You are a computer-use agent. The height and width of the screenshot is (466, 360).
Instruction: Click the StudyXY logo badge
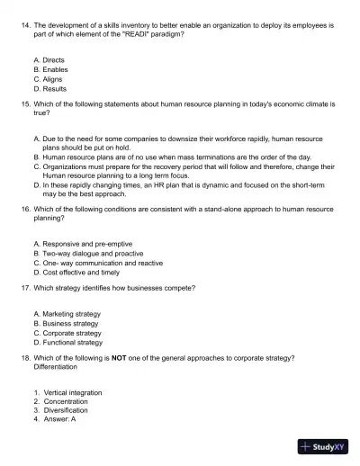pyautogui.click(x=325, y=445)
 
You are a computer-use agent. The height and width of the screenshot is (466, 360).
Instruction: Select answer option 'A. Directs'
pyautogui.click(x=49, y=60)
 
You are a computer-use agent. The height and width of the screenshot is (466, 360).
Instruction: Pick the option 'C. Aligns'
pyautogui.click(x=49, y=79)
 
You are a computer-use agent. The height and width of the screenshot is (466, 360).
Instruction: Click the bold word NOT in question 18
pyautogui.click(x=119, y=358)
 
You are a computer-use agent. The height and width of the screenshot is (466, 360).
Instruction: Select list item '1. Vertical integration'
pyautogui.click(x=72, y=392)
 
